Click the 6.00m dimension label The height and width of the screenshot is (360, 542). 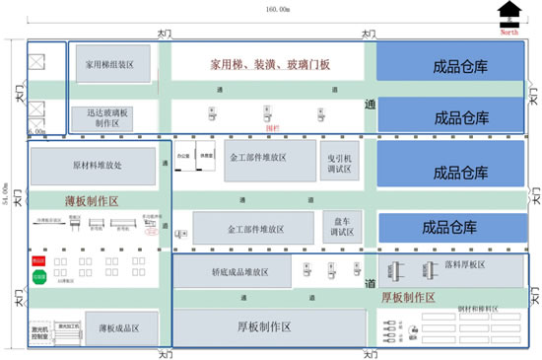(x=36, y=130)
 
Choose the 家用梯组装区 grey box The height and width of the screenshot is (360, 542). (x=113, y=64)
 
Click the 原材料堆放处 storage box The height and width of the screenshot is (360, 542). (x=98, y=166)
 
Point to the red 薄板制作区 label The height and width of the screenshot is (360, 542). (x=85, y=200)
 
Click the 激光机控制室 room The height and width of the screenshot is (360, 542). (x=41, y=335)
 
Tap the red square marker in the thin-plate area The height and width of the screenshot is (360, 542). (x=39, y=261)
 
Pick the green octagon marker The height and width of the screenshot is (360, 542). (x=39, y=279)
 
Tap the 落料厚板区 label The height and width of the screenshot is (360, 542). (x=469, y=264)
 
